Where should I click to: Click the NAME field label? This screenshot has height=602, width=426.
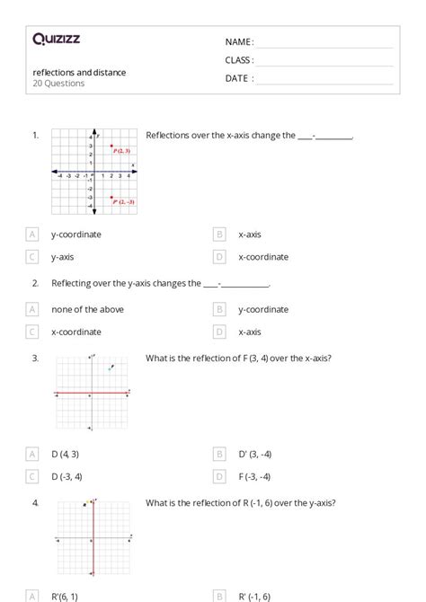(239, 41)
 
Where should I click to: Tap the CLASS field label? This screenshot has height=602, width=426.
(239, 60)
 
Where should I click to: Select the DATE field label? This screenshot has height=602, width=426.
(239, 78)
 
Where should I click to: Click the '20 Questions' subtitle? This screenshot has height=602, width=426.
(58, 84)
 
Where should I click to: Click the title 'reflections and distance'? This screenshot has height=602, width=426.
(79, 72)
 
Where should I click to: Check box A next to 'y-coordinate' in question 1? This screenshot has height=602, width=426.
(33, 235)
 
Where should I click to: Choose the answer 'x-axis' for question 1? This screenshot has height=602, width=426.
(249, 235)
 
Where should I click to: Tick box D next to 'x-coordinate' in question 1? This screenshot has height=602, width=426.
(220, 257)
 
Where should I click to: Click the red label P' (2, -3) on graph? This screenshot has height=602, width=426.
(123, 202)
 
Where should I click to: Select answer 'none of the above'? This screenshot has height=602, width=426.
(87, 309)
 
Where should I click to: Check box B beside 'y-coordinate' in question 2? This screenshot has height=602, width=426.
(220, 309)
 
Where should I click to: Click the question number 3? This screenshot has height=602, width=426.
(35, 358)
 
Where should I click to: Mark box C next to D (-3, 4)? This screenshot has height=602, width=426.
(33, 477)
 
